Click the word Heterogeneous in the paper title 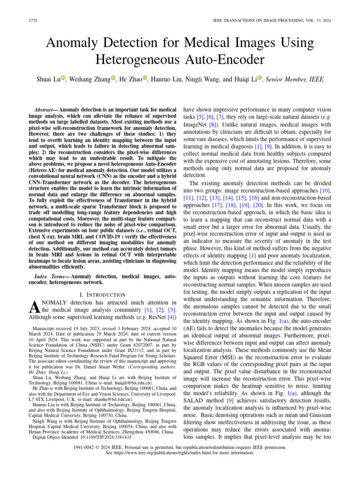[x=136, y=60]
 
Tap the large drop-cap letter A [x=33, y=307]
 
